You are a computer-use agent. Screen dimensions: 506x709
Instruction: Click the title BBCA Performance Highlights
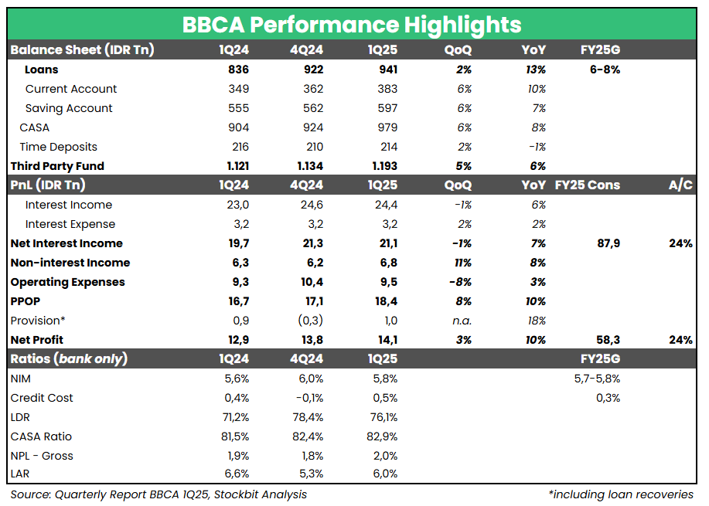point(352,24)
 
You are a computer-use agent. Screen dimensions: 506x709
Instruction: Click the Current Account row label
point(70,89)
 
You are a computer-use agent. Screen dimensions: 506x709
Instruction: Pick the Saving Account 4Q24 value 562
point(313,108)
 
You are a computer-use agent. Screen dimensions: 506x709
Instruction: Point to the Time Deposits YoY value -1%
point(537,147)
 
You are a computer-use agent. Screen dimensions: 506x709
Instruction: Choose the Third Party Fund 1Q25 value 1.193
point(383,166)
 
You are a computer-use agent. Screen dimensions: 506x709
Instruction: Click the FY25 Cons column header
point(588,185)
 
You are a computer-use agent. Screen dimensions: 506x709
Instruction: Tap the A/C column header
point(680,185)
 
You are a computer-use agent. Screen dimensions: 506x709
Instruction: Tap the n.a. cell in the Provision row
point(462,321)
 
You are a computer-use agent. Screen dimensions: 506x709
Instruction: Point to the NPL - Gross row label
point(42,456)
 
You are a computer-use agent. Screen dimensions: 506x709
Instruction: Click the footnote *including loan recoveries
point(620,494)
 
